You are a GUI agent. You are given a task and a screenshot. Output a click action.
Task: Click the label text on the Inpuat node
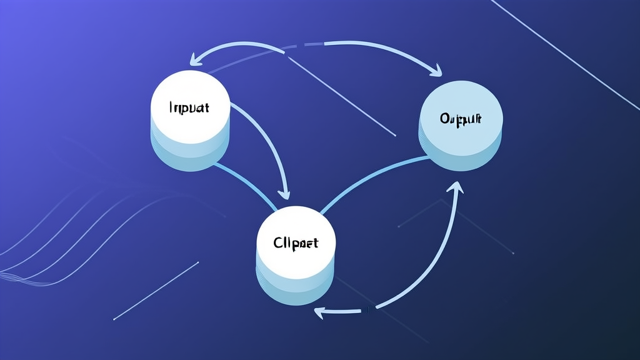tap(189, 107)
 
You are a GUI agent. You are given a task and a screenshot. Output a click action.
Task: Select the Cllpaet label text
tap(296, 242)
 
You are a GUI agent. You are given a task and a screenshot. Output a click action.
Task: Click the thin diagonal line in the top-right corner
tap(562, 44)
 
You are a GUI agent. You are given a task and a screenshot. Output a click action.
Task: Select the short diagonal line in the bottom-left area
tap(156, 291)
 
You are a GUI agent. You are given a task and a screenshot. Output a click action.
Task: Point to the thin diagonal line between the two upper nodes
tap(344, 94)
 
